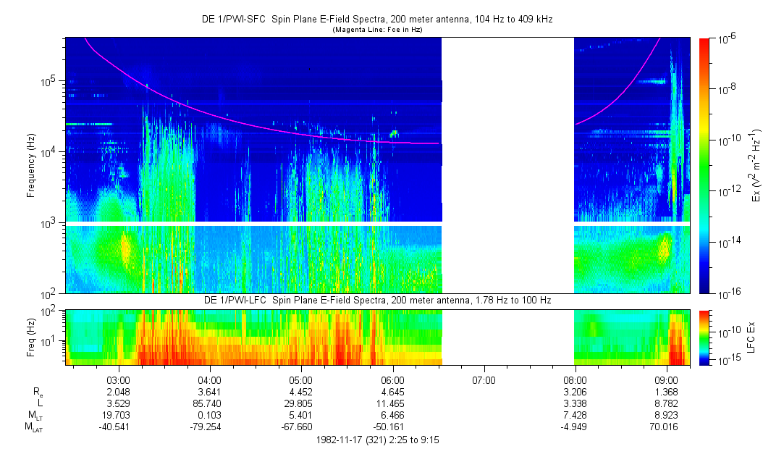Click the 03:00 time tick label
tap(118, 379)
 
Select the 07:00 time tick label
tap(484, 379)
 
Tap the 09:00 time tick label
tap(666, 379)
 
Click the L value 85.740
tap(209, 403)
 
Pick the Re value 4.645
tap(392, 391)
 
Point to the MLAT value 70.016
tap(666, 426)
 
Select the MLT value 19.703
tap(118, 414)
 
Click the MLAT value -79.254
tap(209, 426)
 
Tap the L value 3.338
tap(575, 403)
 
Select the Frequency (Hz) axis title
tap(31, 166)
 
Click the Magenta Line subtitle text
tap(376, 30)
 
